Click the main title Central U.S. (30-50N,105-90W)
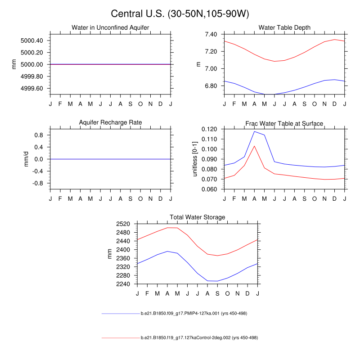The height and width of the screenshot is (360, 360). (x=180, y=14)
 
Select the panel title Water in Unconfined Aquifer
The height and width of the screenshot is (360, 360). (x=110, y=28)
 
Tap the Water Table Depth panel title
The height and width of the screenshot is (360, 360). (x=284, y=28)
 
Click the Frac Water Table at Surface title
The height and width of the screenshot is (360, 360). (x=284, y=123)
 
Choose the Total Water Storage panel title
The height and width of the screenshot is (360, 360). (x=197, y=217)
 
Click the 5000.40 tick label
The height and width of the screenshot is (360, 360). (x=32, y=40)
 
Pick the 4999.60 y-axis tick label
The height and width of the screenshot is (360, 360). (x=32, y=88)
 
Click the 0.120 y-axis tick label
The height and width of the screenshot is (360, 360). (x=210, y=129)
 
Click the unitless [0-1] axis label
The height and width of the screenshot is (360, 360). (x=195, y=158)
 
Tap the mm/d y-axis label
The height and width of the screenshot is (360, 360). (x=26, y=159)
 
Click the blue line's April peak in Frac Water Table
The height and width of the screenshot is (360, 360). (x=254, y=131)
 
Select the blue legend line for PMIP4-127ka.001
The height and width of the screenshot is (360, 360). (x=121, y=313)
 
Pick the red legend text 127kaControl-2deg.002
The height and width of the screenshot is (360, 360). (x=199, y=337)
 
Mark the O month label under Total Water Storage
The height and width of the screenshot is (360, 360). (x=227, y=293)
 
